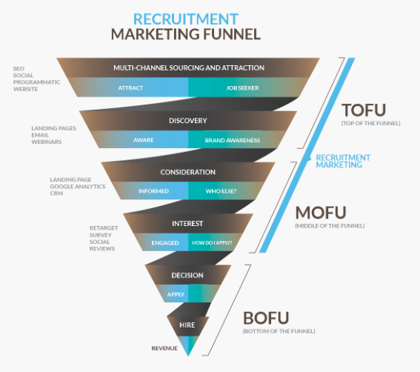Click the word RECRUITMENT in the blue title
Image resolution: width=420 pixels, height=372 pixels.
tap(186, 19)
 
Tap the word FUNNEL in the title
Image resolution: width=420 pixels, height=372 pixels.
tap(232, 34)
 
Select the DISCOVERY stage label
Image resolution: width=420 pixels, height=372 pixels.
tap(187, 121)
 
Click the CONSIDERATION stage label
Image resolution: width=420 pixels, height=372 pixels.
tap(187, 172)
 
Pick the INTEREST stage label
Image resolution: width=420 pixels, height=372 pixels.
tap(187, 224)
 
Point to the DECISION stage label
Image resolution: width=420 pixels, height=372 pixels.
tap(187, 275)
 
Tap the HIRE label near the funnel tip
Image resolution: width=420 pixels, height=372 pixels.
tap(187, 325)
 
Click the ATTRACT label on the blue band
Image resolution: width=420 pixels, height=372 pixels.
tap(130, 88)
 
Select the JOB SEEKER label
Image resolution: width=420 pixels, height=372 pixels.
tap(243, 88)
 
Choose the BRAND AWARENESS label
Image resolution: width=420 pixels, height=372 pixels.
tap(233, 140)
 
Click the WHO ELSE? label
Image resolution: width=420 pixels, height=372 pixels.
tap(221, 191)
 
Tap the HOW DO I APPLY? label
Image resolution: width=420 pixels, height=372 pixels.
tap(212, 243)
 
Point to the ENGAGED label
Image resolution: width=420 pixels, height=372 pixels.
tap(165, 243)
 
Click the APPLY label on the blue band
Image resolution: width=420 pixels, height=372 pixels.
tap(176, 294)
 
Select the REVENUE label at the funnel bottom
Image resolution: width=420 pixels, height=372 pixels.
tap(164, 348)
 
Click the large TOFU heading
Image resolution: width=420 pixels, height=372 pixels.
tap(364, 110)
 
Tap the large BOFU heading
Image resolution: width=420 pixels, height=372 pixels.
tap(266, 318)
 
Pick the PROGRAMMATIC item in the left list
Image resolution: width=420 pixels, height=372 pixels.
tap(37, 82)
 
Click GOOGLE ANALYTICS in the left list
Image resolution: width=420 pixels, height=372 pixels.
tap(78, 186)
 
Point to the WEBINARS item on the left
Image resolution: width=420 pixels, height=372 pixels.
tap(47, 142)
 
